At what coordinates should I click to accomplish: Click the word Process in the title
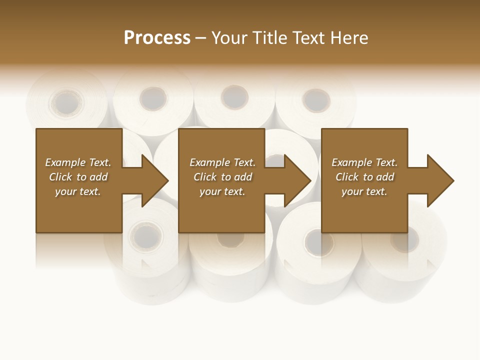157,38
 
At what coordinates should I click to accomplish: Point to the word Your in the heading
230,38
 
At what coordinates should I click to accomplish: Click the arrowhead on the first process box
152,180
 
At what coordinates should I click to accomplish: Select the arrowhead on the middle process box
295,180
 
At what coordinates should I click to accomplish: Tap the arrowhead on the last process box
438,180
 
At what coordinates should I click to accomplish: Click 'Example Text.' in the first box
78,162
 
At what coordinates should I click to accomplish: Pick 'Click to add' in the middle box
222,177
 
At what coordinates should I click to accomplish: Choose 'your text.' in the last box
364,191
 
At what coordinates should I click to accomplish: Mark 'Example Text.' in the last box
364,162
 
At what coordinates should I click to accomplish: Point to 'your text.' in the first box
78,191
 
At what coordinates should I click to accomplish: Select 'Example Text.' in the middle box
222,162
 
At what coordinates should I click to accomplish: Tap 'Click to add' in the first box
78,177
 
